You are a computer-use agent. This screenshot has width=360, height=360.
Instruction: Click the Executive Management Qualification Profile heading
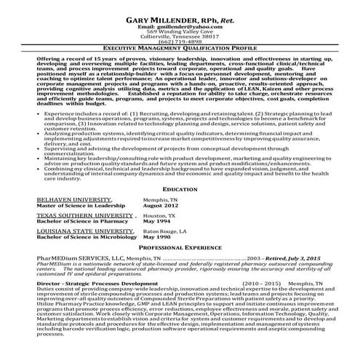tap(180, 48)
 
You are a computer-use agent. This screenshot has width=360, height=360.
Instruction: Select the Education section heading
tap(180, 188)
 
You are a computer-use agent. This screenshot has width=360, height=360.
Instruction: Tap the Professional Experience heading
tap(180, 248)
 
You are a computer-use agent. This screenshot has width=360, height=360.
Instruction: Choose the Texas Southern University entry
tap(76, 216)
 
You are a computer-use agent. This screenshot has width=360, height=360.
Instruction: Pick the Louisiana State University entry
tap(76, 231)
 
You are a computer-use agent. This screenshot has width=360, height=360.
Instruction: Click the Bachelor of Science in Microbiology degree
tap(80, 237)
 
